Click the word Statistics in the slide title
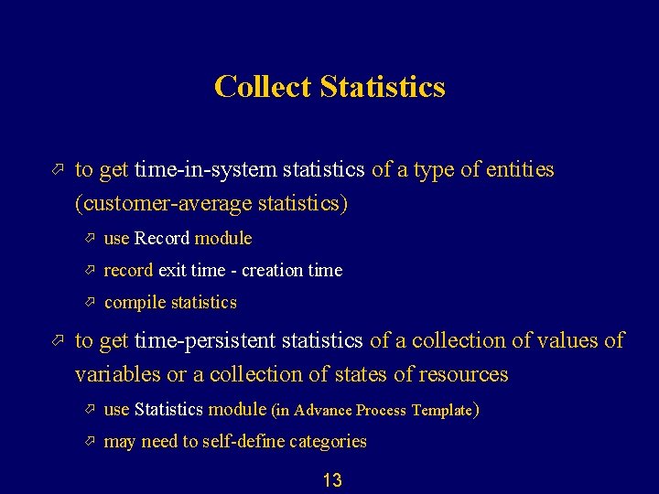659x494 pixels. (x=383, y=87)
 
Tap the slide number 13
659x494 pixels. (x=331, y=480)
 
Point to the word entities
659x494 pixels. (x=519, y=170)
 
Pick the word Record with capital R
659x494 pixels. (x=162, y=239)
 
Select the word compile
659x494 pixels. (x=135, y=303)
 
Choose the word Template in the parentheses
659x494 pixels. (x=442, y=411)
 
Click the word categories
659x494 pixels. (x=328, y=442)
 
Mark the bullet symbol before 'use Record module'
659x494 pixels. (x=90, y=238)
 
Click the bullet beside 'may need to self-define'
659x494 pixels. (x=90, y=441)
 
